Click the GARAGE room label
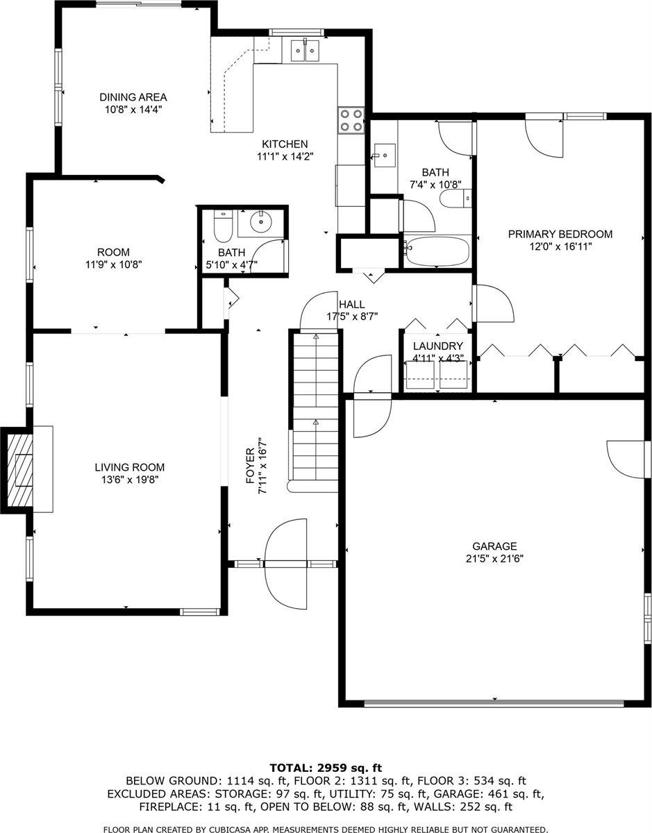[x=494, y=546]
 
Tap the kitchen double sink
[x=304, y=51]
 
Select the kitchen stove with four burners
[x=351, y=120]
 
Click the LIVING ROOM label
[x=130, y=468]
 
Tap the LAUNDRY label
[x=437, y=346]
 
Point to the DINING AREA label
[x=133, y=97]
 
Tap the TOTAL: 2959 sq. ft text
[x=326, y=768]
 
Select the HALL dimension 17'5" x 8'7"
[x=351, y=316]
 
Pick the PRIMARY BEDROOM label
[x=560, y=234]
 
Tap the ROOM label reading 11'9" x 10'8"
[x=113, y=253]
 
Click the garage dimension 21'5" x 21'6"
[x=494, y=558]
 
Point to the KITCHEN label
[x=285, y=144]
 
